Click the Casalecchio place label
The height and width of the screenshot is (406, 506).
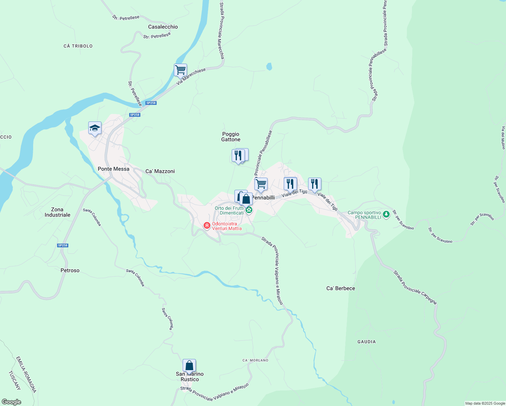coord(163,27)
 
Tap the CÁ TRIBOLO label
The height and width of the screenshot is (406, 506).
coord(78,46)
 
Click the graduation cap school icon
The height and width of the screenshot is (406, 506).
coord(95,128)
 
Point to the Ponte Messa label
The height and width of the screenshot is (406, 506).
coord(113,169)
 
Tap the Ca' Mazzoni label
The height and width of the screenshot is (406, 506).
coord(160,171)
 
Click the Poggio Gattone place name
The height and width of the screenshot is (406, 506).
coord(231,137)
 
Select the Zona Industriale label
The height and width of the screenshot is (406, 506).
coord(57,212)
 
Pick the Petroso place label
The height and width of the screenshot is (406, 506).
coord(70,270)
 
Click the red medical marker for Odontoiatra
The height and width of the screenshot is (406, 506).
coord(207,225)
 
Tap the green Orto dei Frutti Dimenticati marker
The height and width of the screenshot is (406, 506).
coord(249,210)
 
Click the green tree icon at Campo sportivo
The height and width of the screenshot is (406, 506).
coord(386,215)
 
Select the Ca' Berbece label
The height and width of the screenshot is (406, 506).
coord(341,288)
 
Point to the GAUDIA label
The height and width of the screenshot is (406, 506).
coord(367,342)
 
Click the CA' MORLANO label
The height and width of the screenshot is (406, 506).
coord(255,360)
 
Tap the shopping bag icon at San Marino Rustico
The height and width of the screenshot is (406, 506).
coord(189,366)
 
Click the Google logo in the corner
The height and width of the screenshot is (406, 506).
coord(11,402)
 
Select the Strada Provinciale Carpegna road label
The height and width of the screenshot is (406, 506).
coord(415,287)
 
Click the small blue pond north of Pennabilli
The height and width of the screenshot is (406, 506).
coord(269,67)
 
